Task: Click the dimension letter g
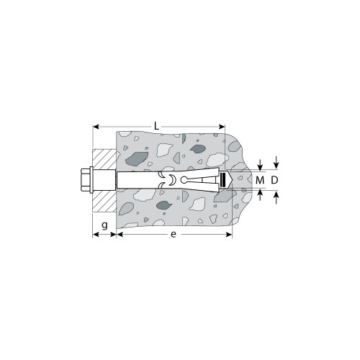click(104, 225)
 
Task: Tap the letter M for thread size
click(260, 179)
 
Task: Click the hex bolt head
click(81, 179)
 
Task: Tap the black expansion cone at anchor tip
click(222, 179)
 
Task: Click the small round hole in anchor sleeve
click(184, 179)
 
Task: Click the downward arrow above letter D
click(274, 162)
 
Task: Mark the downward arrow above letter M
click(261, 164)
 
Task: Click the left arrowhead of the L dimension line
click(96, 127)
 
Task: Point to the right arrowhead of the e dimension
click(228, 234)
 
